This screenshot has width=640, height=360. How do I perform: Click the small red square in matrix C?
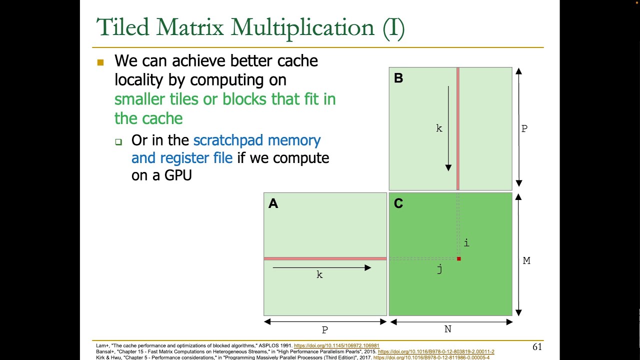click(458, 258)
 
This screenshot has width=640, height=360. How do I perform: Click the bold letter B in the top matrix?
click(398, 78)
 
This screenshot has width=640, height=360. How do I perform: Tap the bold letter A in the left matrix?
click(273, 203)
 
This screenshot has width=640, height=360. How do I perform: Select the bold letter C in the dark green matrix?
click(398, 203)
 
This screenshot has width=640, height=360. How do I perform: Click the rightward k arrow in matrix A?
click(321, 268)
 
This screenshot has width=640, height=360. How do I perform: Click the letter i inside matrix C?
click(466, 243)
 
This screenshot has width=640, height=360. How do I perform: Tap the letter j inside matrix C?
click(439, 269)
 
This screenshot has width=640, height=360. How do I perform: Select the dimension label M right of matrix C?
click(526, 260)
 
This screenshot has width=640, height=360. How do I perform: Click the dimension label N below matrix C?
click(448, 329)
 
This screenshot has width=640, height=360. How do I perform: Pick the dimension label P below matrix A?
click(325, 330)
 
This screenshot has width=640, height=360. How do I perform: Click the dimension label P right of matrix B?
click(524, 129)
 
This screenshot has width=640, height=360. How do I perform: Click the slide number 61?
click(537, 347)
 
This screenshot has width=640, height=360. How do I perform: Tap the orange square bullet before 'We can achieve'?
click(100, 62)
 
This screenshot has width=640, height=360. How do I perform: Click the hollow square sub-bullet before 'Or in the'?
click(118, 142)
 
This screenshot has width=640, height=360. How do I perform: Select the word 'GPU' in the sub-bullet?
click(178, 175)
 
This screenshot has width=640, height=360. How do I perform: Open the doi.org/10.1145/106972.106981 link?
click(336, 345)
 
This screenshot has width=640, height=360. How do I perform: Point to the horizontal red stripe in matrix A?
click(325, 258)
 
